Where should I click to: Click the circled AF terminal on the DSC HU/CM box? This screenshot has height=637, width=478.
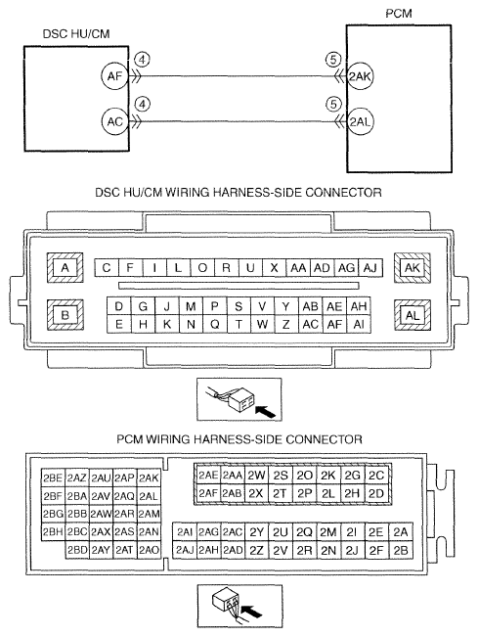coord(114,76)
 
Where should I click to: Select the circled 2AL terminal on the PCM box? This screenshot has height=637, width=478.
coord(360,121)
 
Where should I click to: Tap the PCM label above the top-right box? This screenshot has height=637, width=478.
coord(399,14)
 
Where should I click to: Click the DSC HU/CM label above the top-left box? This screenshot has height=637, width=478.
coord(76,33)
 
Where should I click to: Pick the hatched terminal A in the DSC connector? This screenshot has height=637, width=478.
coord(65,268)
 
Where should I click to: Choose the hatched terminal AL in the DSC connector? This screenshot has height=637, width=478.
coord(413,315)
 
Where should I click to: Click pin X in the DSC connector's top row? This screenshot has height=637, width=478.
coord(274,268)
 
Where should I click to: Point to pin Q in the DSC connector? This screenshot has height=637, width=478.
coord(215,324)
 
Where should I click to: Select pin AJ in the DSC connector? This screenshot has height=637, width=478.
coord(370,268)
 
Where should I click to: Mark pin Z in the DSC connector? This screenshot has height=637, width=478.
coord(286,324)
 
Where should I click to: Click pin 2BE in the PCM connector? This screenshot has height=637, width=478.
coord(53,478)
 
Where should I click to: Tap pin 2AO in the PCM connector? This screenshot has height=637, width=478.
coord(149,550)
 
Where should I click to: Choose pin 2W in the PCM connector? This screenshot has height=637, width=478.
coord(256,475)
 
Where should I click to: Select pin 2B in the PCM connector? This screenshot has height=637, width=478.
coord(401,550)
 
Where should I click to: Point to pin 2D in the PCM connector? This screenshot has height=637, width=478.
coord(376,493)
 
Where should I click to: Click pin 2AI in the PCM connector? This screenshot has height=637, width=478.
coord(185,532)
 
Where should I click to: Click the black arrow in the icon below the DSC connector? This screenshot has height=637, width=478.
coord(266,411)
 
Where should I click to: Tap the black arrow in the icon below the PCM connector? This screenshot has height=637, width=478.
coord(251,612)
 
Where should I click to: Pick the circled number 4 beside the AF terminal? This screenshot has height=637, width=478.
coord(143,60)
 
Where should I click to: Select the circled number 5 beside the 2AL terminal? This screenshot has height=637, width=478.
coord(333,105)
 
